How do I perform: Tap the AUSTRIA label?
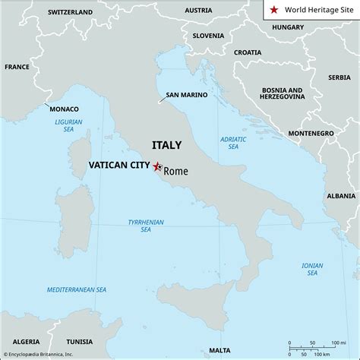tap(198, 11)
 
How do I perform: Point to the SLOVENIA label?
tap(208, 36)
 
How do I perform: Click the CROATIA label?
tap(248, 52)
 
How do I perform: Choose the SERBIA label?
tap(339, 77)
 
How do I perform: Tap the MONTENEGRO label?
tap(311, 133)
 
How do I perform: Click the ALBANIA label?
tap(340, 195)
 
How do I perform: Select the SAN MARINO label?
tap(186, 96)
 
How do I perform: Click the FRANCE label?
tap(17, 67)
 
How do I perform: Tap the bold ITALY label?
tap(167, 144)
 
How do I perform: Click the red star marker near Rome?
tap(157, 166)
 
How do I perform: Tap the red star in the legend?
tap(274, 11)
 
